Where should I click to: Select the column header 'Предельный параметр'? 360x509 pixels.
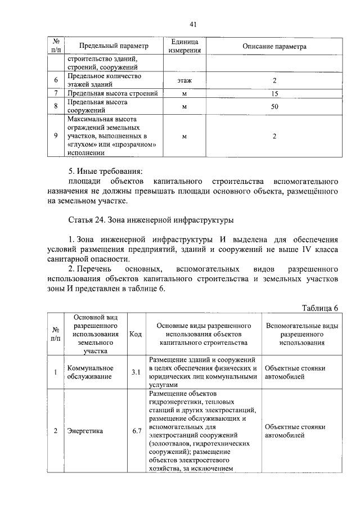(x=114, y=46)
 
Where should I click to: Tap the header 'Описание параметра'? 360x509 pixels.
(x=274, y=46)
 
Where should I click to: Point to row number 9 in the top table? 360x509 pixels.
(x=56, y=136)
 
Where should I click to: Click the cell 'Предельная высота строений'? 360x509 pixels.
(x=112, y=93)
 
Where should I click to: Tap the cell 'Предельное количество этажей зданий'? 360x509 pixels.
(x=104, y=80)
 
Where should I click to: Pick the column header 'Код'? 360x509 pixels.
(x=136, y=334)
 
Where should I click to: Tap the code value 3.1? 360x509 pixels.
(x=136, y=372)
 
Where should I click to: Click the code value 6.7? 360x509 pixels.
(x=136, y=431)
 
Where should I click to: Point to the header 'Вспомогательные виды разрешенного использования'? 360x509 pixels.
(x=302, y=334)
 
